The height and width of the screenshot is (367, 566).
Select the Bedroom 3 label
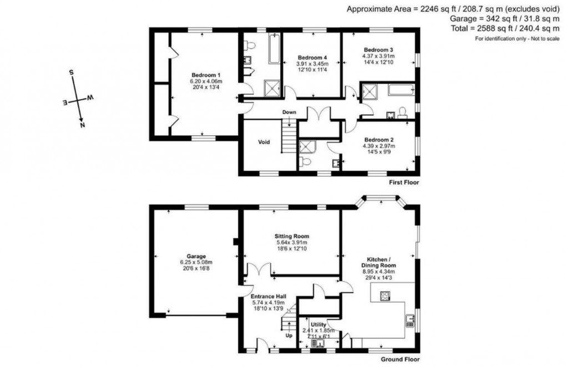pos(378,49)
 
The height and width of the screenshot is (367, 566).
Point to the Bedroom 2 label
pos(379,140)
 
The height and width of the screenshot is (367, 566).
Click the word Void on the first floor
pos(264,142)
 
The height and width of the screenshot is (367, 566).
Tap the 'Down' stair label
pos(289,113)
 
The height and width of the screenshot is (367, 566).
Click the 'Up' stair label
pos(289,335)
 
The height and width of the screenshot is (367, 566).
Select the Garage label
pos(196,256)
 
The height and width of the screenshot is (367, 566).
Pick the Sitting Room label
pos(292,236)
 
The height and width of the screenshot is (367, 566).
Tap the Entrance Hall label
pos(268,297)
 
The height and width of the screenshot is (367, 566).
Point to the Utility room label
pos(318,324)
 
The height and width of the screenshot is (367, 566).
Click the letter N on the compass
pos(83,125)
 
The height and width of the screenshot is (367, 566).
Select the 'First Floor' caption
pos(403,182)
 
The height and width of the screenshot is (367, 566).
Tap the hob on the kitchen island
pos(384,295)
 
